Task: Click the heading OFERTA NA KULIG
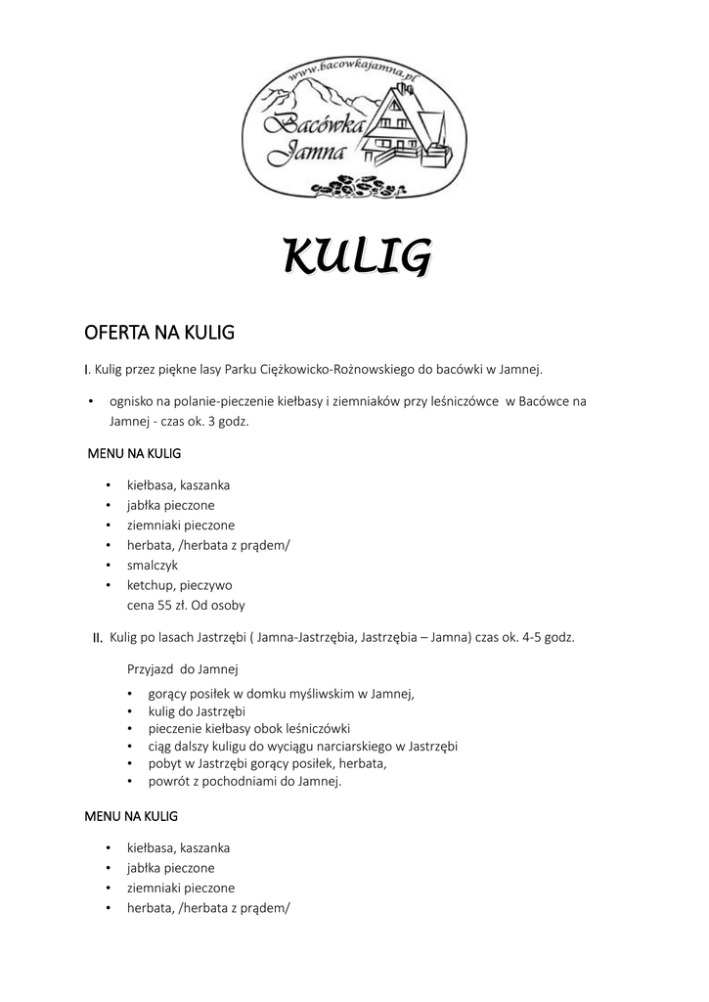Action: (x=159, y=333)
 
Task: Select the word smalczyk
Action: (x=153, y=565)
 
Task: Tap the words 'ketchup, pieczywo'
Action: (x=179, y=584)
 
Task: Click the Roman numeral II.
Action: (x=98, y=639)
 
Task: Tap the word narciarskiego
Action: (x=354, y=746)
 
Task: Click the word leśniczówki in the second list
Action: (x=316, y=728)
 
